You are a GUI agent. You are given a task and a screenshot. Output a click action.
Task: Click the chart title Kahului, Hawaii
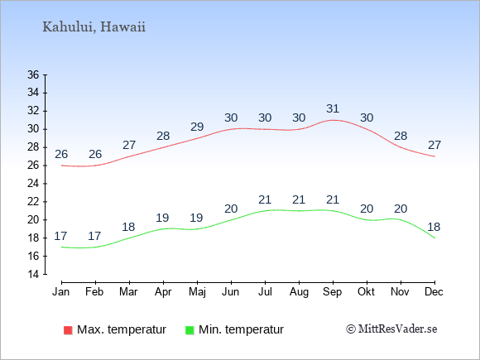tap(94, 27)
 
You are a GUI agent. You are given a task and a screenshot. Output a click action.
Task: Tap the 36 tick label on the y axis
tap(33, 74)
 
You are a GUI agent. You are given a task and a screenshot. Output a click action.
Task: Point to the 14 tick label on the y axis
tap(33, 274)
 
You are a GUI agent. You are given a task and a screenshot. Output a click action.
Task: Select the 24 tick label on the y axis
tap(33, 184)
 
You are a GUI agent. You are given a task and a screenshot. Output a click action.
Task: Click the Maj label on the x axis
tap(197, 292)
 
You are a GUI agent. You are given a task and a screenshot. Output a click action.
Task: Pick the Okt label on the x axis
tap(366, 292)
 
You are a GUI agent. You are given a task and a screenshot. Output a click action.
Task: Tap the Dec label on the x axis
tap(434, 292)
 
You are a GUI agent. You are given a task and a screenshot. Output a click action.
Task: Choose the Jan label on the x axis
tap(61, 292)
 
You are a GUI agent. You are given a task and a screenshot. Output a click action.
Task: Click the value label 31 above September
tap(333, 108)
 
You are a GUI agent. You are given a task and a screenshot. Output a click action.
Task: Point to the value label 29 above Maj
tap(197, 127)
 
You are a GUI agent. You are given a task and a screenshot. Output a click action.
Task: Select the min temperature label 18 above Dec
tap(434, 227)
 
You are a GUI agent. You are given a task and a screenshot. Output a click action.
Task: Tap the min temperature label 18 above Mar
tap(128, 227)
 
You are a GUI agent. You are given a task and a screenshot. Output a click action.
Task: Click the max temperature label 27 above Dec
tap(434, 145)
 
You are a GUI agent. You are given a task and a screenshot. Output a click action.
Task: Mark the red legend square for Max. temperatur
tap(68, 330)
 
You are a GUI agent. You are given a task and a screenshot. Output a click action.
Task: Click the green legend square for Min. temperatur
tap(190, 330)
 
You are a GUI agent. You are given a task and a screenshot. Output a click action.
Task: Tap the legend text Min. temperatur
tap(241, 329)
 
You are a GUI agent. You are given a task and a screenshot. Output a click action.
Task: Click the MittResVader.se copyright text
tap(391, 329)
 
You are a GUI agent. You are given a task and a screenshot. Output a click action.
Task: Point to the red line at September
tap(333, 120)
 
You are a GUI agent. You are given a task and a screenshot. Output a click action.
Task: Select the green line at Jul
tap(265, 210)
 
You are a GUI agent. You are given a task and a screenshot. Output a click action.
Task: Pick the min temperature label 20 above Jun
tap(231, 209)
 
